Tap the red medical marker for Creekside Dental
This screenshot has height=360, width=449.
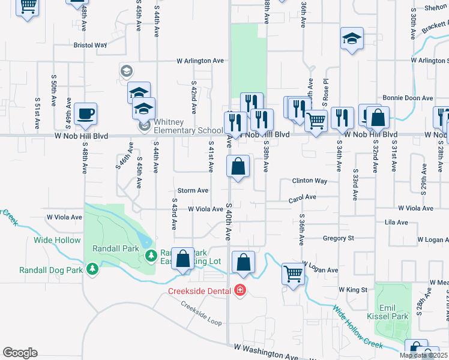[240, 290]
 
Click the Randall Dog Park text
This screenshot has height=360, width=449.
[51, 270]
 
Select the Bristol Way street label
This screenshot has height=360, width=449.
[90, 45]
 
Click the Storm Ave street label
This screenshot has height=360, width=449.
[193, 190]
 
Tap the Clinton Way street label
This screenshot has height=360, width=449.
[310, 181]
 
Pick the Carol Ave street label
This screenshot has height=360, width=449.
[303, 197]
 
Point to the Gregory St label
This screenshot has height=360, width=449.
[338, 238]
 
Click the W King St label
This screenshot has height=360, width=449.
[352, 289]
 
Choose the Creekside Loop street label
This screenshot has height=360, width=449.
[202, 312]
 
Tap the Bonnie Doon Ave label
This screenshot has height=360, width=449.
[408, 98]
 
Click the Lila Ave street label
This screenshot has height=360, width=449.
[396, 223]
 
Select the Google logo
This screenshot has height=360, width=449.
[20, 353]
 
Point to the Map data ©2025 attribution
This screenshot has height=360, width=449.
[423, 355]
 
